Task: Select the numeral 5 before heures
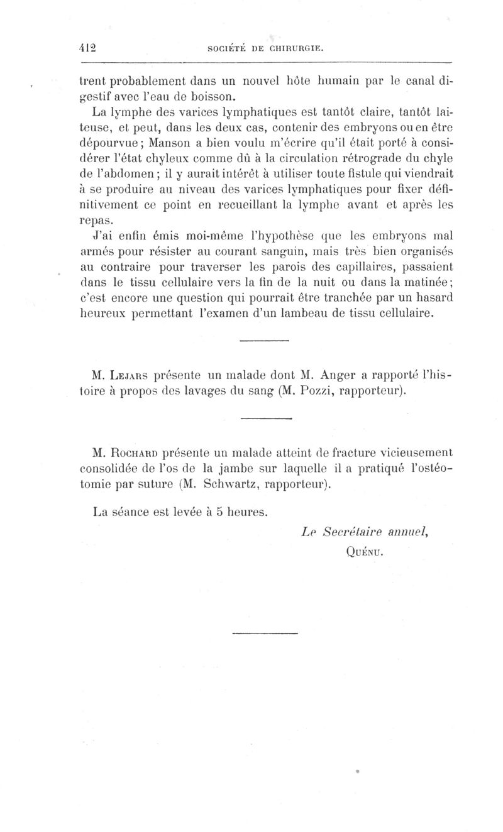point(219,512)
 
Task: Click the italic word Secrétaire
point(357,532)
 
